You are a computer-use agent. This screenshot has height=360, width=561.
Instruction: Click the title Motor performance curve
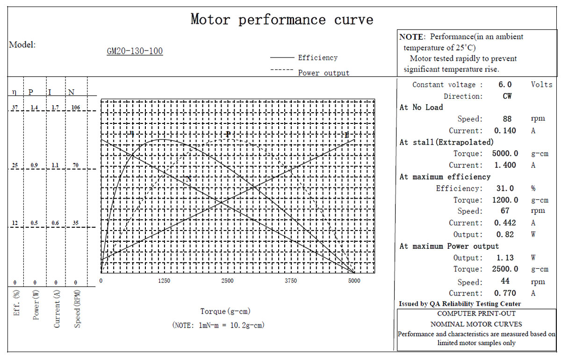pyautogui.click(x=282, y=20)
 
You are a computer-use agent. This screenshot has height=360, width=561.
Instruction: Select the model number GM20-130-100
pyautogui.click(x=135, y=51)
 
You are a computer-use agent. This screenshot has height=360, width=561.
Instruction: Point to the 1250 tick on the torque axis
pyautogui.click(x=164, y=281)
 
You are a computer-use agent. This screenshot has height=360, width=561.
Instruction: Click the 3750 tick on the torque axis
pyautogui.click(x=291, y=281)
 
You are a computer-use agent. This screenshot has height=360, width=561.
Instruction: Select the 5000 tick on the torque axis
pyautogui.click(x=354, y=281)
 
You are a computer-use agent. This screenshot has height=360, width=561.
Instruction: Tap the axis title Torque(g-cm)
pyautogui.click(x=225, y=311)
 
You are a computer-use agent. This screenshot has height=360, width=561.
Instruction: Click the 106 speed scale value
pyautogui.click(x=76, y=108)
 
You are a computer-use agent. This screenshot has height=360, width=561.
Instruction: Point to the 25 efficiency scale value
pyautogui.click(x=15, y=165)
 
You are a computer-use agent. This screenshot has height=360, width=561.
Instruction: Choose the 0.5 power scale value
pyautogui.click(x=34, y=223)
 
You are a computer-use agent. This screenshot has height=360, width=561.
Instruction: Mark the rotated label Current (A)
pyautogui.click(x=57, y=309)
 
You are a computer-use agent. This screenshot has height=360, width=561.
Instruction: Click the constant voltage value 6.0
pyautogui.click(x=505, y=85)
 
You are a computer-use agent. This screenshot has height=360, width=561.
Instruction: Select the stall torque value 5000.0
pyautogui.click(x=505, y=153)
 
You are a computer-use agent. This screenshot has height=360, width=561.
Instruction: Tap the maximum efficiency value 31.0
pyautogui.click(x=505, y=188)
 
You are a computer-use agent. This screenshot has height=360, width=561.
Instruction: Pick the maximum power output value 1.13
pyautogui.click(x=505, y=258)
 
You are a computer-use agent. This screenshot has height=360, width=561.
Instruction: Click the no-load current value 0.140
pyautogui.click(x=505, y=130)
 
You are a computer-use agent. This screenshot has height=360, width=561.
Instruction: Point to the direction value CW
pyautogui.click(x=507, y=96)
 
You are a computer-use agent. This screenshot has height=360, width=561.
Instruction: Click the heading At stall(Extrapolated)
pyautogui.click(x=446, y=142)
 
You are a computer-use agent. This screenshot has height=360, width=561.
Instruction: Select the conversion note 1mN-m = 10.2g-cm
pyautogui.click(x=231, y=325)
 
